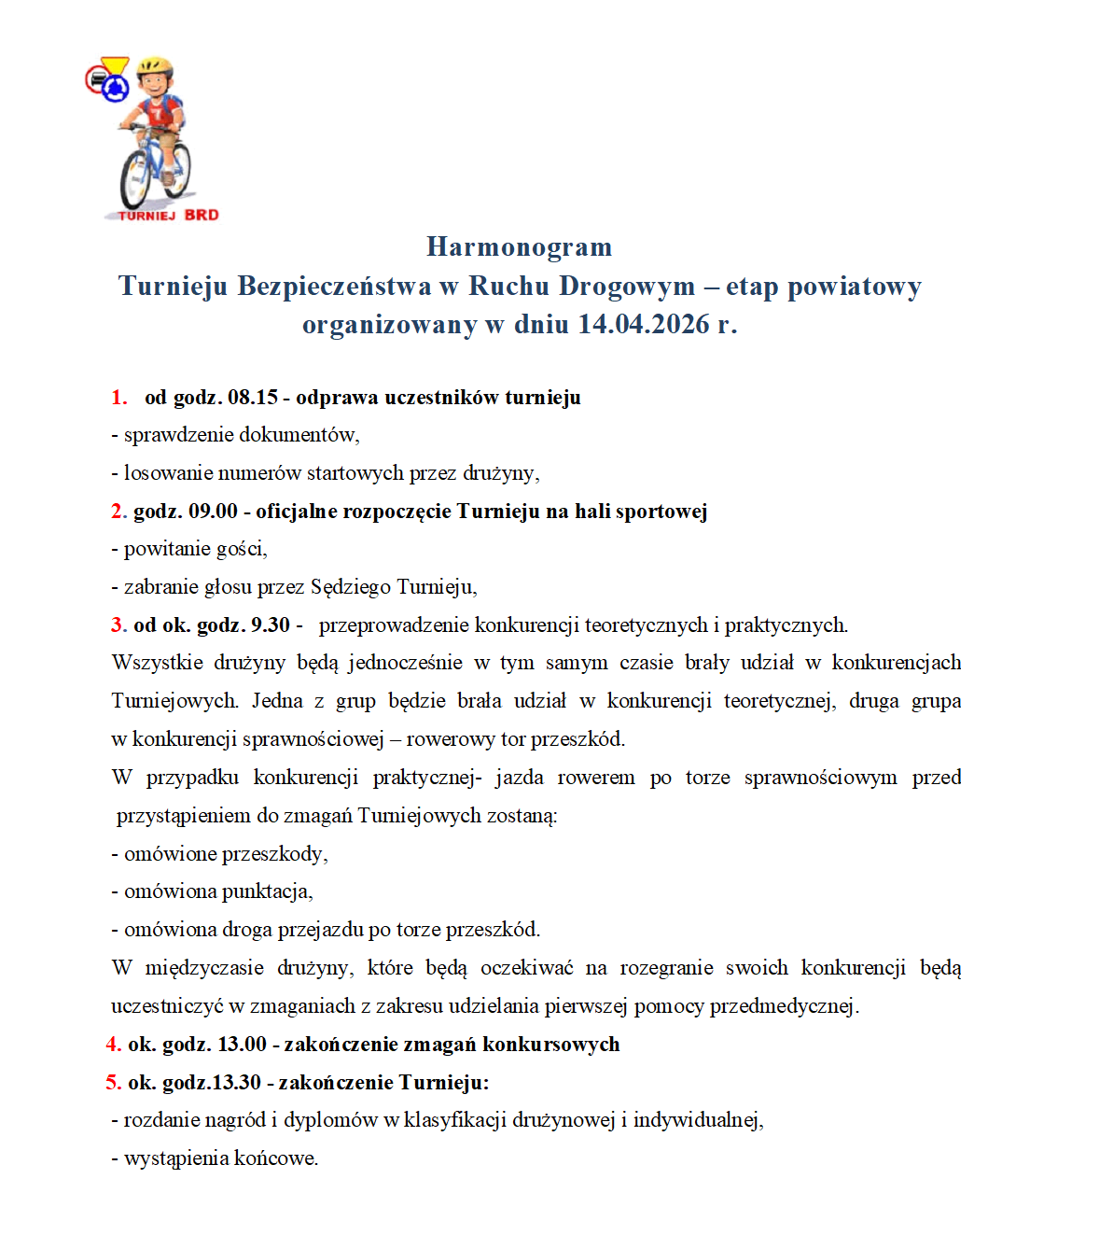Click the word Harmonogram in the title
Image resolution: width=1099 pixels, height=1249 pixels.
pyautogui.click(x=519, y=246)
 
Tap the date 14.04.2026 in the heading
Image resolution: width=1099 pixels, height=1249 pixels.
pyautogui.click(x=643, y=324)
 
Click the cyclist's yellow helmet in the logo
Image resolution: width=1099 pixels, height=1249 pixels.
pyautogui.click(x=155, y=68)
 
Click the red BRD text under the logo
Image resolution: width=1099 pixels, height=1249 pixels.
pyautogui.click(x=202, y=215)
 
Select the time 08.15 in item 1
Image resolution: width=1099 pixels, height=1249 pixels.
pyautogui.click(x=253, y=398)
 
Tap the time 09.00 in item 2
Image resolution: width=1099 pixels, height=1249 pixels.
pyautogui.click(x=213, y=512)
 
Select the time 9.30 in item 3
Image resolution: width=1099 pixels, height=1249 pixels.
pyautogui.click(x=271, y=625)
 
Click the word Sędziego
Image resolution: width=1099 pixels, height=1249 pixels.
pyautogui.click(x=351, y=587)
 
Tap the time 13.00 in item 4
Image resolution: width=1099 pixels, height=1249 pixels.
pyautogui.click(x=242, y=1045)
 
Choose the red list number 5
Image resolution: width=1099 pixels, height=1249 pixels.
pyautogui.click(x=113, y=1083)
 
